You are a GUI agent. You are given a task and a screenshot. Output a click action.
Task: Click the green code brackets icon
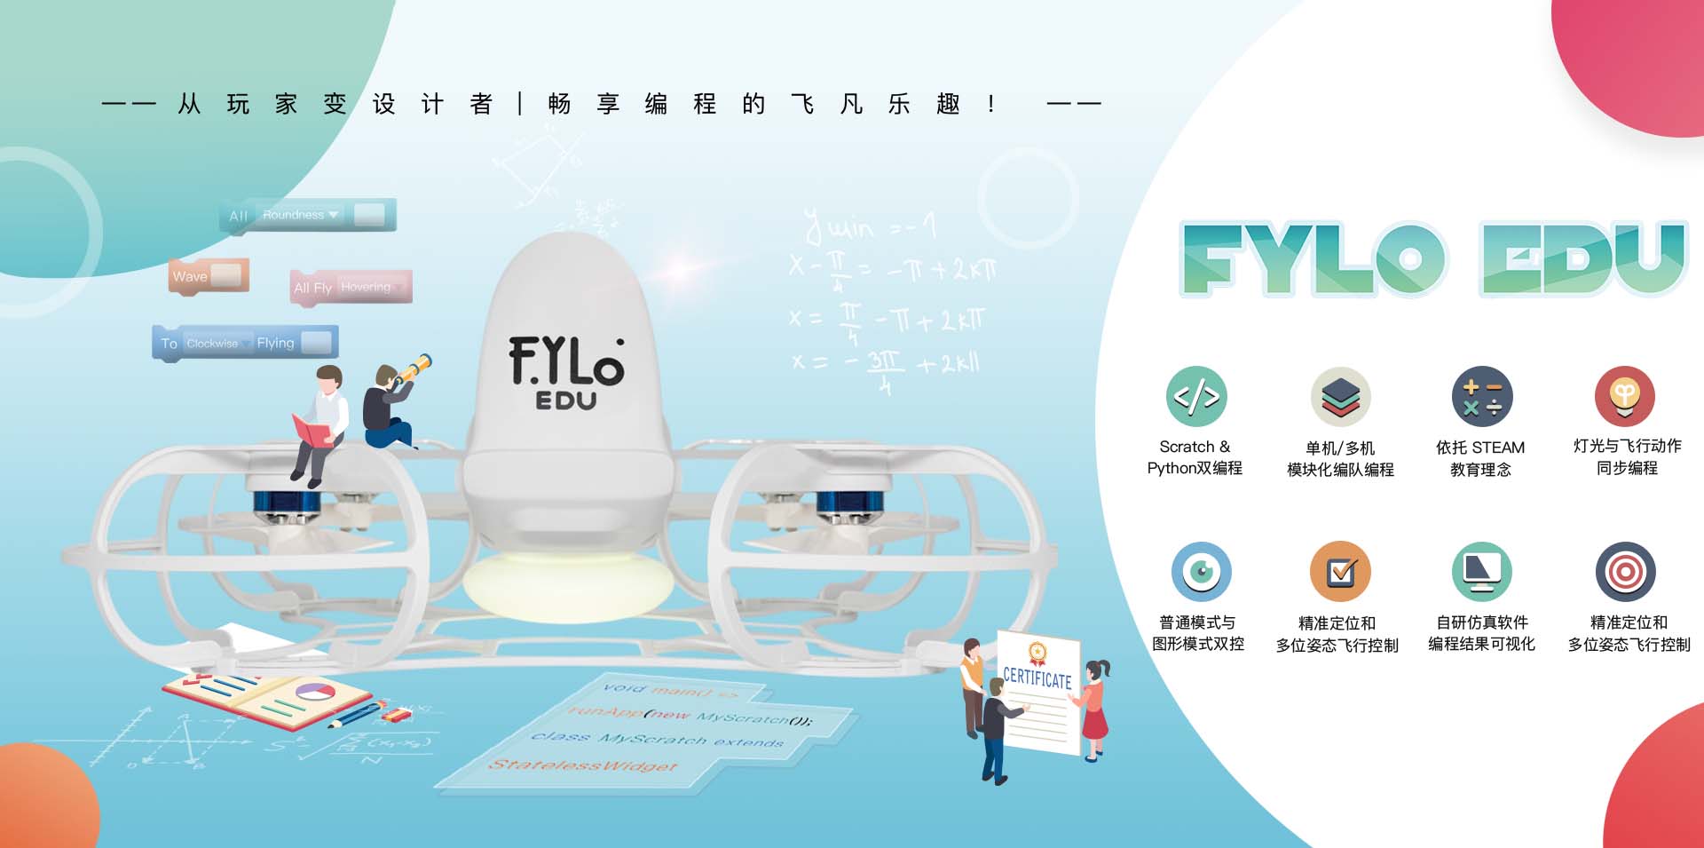click(1195, 396)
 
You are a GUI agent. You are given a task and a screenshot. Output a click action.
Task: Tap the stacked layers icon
click(1340, 397)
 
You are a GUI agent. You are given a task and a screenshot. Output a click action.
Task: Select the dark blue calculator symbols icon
click(1481, 396)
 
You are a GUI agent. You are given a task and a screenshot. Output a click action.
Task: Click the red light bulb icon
click(1624, 396)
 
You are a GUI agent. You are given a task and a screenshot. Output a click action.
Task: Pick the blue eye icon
click(1201, 571)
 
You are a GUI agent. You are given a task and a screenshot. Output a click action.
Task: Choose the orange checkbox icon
click(1340, 571)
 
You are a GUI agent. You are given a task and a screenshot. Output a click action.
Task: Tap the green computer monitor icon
click(1481, 571)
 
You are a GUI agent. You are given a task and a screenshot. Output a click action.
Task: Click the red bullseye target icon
click(1625, 571)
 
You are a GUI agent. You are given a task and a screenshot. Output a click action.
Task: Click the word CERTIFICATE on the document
click(1037, 678)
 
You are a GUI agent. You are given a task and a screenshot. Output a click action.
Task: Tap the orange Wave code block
click(209, 276)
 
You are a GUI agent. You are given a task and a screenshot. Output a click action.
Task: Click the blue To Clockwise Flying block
click(245, 343)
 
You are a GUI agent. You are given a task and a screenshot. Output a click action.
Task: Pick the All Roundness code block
click(307, 215)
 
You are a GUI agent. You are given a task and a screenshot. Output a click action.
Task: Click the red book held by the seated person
click(312, 433)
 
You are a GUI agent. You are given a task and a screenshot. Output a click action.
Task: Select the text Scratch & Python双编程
click(1195, 457)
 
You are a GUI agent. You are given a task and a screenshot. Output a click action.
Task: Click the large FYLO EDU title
click(1432, 258)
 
